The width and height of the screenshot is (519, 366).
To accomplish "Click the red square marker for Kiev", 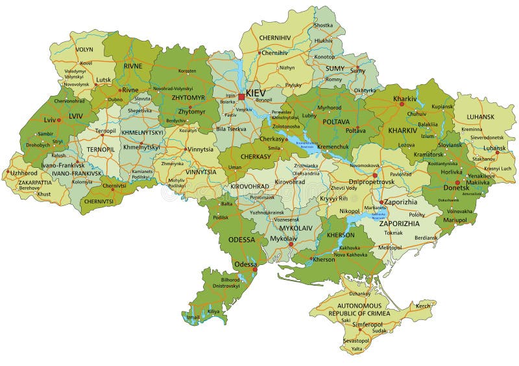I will (241, 97).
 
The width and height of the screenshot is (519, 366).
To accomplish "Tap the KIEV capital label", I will (256, 93).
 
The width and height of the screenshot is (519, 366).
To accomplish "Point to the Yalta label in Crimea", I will (357, 349).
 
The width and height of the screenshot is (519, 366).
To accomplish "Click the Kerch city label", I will (423, 306).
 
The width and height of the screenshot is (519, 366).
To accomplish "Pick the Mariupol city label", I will (454, 220).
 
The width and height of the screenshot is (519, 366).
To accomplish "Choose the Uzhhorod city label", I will (24, 173).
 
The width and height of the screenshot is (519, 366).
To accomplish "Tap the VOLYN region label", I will (84, 49).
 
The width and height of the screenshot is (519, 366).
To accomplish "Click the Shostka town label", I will (323, 25).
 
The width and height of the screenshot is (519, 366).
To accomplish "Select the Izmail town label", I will (193, 317).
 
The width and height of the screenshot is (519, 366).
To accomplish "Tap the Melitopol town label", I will (390, 247).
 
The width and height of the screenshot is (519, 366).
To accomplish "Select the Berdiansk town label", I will (426, 238).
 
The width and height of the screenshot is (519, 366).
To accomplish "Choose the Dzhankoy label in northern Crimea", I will (359, 293).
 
